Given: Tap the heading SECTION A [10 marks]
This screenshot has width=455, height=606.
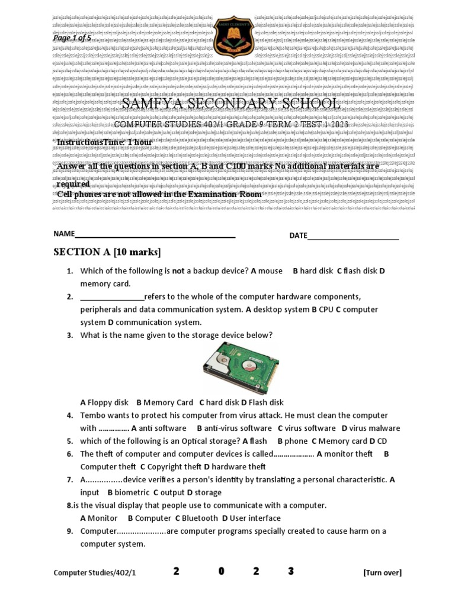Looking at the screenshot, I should point(107,252).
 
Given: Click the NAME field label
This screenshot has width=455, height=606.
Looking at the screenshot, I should point(64,234).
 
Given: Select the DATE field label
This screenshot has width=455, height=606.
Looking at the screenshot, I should point(298,236).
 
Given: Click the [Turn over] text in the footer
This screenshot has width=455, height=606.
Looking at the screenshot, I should point(382,572).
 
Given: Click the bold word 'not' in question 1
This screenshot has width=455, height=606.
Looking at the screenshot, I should point(178,271).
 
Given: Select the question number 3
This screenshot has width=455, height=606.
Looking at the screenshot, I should point(69,335).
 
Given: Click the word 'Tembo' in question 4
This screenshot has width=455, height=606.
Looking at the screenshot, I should point(92,415).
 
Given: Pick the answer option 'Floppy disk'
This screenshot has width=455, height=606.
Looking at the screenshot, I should point(108,402).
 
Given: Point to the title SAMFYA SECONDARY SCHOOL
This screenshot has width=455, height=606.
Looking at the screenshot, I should point(231,104).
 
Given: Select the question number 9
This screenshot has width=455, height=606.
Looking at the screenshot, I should point(69,531).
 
